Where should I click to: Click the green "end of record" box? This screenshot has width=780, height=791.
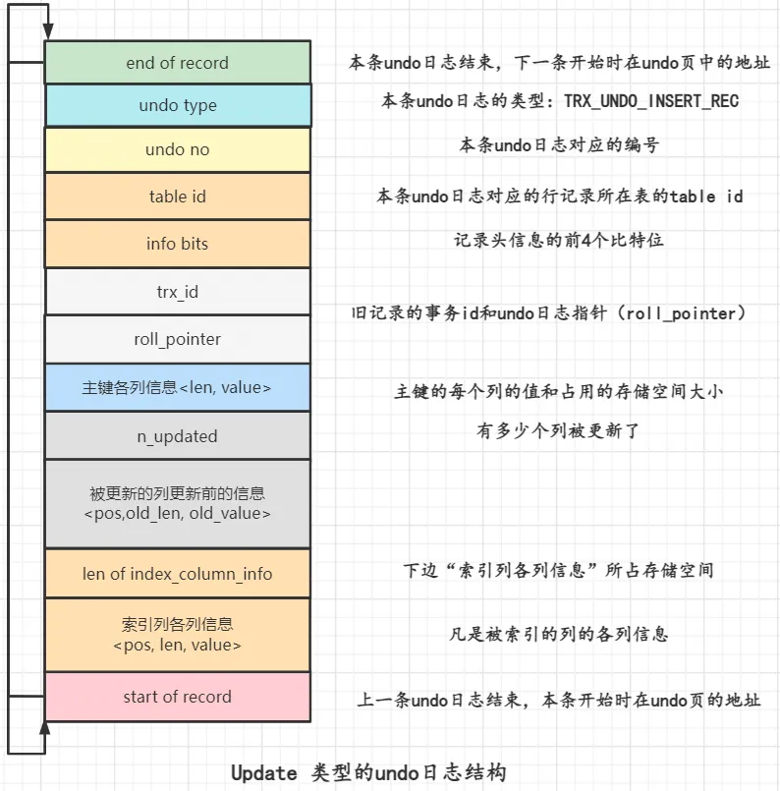[177, 63]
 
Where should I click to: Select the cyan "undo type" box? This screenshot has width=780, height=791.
[177, 106]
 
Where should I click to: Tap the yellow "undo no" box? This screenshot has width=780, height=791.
[177, 149]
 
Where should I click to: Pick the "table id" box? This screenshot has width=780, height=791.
[177, 197]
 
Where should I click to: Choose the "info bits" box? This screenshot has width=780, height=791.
[177, 244]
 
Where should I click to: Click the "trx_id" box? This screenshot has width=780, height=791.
[177, 292]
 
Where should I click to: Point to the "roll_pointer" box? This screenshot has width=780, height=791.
[177, 339]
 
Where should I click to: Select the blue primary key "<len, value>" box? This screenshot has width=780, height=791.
[177, 388]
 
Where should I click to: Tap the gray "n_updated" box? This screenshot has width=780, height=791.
[177, 435]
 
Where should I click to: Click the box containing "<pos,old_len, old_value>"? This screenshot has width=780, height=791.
[177, 503]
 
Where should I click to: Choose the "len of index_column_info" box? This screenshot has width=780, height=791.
[177, 574]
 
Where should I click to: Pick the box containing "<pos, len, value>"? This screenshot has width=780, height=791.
[177, 635]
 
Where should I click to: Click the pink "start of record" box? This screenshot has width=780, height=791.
[177, 697]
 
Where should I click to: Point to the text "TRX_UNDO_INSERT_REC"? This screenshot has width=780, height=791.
[650, 101]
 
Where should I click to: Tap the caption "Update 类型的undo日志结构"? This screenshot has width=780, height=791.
[368, 772]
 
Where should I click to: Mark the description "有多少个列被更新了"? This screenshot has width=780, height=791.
[559, 431]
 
